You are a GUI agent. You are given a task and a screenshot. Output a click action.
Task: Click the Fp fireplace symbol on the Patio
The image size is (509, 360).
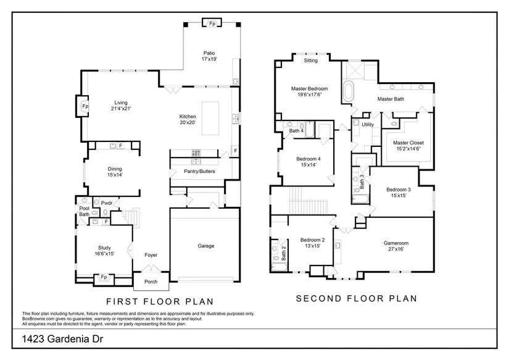click(212, 23)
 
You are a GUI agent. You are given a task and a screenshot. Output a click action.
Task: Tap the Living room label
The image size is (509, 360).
click(121, 103)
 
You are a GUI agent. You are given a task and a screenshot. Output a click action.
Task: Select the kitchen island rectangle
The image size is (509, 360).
click(210, 119)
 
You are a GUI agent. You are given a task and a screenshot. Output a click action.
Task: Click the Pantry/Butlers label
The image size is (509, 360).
click(199, 171)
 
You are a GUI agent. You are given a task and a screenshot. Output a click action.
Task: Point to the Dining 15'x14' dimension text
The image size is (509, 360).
click(115, 175)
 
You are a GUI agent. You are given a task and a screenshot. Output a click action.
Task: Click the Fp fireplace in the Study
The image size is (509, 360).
click(104, 278)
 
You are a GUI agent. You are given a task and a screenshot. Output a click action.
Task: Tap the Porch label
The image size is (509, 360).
click(151, 282)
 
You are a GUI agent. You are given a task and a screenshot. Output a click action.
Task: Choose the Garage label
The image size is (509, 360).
click(206, 246)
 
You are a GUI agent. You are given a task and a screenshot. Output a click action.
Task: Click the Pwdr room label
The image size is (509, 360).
click(107, 203)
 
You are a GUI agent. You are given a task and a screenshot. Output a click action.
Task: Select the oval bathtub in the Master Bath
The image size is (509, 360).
click(349, 91)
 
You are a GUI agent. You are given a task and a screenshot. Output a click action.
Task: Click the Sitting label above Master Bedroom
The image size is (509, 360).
click(311, 61)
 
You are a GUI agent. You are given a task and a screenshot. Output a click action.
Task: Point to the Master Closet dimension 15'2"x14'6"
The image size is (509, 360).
click(408, 149)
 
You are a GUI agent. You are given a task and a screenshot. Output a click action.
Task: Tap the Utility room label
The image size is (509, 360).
click(368, 125)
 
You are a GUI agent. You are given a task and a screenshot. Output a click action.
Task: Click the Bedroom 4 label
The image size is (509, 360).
click(308, 159)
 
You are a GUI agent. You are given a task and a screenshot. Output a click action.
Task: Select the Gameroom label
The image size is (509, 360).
click(396, 243)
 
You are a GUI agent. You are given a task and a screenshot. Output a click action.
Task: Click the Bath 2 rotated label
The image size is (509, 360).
click(284, 253)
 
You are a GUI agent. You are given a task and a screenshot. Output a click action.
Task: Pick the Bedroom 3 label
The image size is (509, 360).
click(399, 190)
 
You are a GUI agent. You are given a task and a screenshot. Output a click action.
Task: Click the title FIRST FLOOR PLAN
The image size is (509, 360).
click(160, 301)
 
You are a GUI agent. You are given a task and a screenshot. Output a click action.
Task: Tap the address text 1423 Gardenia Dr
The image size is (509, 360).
click(62, 339)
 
